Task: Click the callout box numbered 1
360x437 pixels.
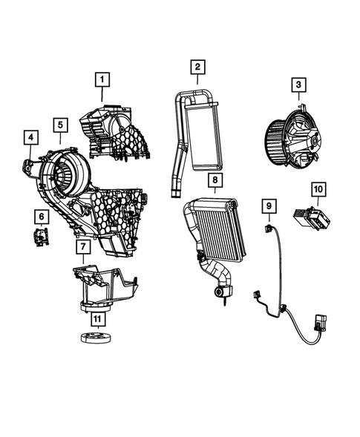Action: click(x=102, y=79)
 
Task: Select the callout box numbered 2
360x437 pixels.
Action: click(x=197, y=68)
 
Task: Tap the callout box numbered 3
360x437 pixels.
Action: click(x=298, y=88)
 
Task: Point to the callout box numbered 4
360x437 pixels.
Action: click(x=30, y=137)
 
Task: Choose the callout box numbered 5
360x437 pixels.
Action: click(x=60, y=124)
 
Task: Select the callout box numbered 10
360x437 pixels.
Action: click(x=317, y=191)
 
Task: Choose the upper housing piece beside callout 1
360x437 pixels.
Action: click(x=122, y=130)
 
